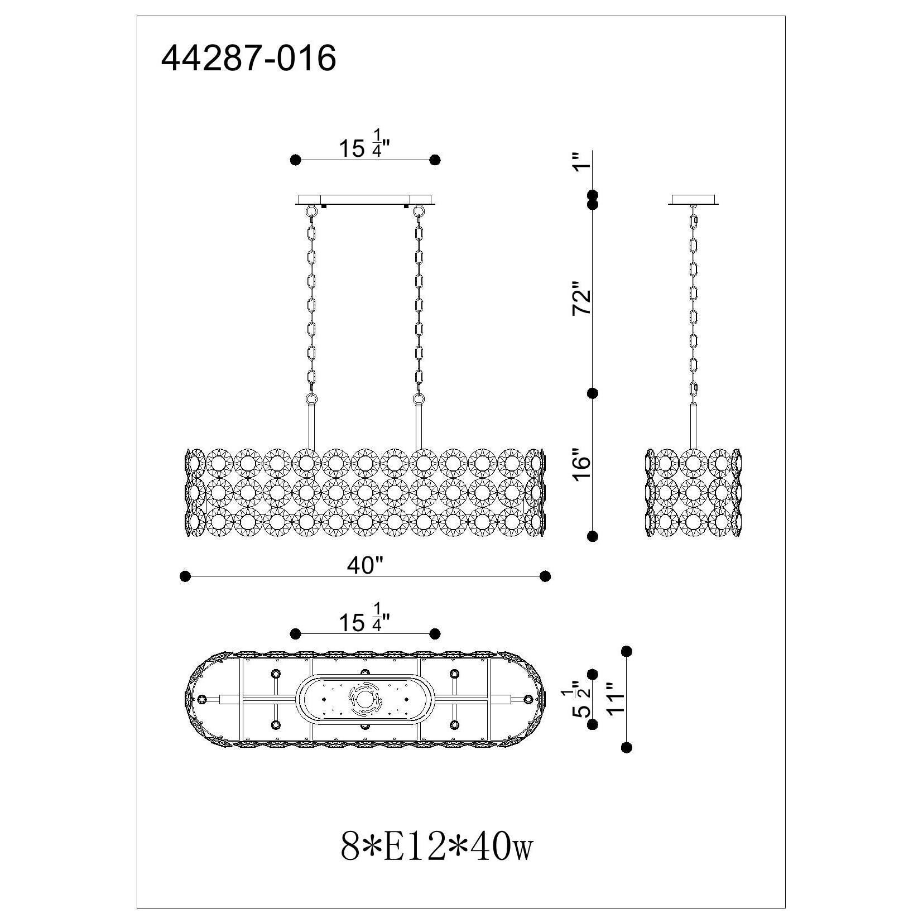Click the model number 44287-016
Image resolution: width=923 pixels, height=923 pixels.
248,58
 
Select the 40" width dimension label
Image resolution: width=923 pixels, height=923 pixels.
365,565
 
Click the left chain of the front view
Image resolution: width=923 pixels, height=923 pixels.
312,301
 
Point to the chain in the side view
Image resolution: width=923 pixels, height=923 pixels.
693,301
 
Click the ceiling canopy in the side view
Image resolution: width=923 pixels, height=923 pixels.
693,199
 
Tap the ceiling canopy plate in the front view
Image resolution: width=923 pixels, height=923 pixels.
366,200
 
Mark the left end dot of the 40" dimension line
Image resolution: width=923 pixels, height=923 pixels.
185,576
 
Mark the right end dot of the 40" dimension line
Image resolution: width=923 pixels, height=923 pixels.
546,576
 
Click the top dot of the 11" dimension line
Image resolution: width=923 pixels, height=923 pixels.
626,651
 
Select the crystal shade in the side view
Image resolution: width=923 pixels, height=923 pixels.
693,493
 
